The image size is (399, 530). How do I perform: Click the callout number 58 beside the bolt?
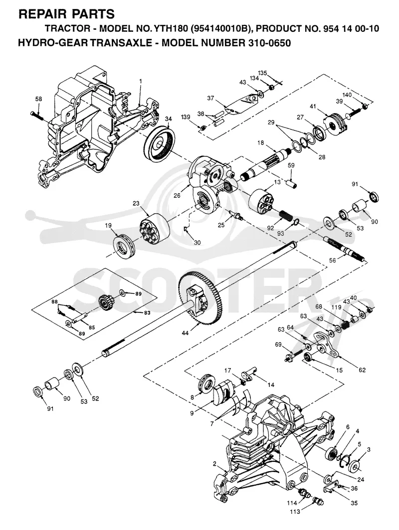[x=38, y=99]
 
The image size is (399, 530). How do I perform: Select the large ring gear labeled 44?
[x=203, y=298]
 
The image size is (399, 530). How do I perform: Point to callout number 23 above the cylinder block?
[x=136, y=203]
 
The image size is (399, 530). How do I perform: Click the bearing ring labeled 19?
[x=123, y=246]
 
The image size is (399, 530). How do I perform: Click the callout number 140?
[x=347, y=95]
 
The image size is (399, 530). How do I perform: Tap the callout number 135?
[x=263, y=73]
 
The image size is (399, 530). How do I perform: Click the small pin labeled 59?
[x=292, y=184]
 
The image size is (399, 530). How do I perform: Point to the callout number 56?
[x=333, y=261]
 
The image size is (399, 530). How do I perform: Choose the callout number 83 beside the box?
[x=147, y=313]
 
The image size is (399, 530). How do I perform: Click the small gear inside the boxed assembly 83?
[x=106, y=303]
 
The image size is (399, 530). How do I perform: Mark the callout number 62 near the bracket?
[x=362, y=370]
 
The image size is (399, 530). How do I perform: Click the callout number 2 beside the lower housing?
[x=214, y=463]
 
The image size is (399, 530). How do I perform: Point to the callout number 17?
[x=228, y=371]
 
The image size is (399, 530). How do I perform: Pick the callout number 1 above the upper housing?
[x=141, y=81]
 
